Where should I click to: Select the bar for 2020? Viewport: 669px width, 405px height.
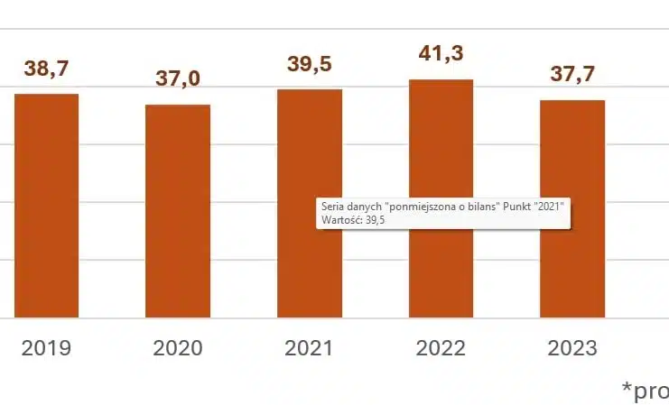coord(178,211)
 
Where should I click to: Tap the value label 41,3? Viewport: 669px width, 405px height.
coord(441,55)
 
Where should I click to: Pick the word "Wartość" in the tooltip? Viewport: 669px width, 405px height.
coord(338,219)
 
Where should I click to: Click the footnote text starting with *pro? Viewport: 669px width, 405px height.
coord(645,390)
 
